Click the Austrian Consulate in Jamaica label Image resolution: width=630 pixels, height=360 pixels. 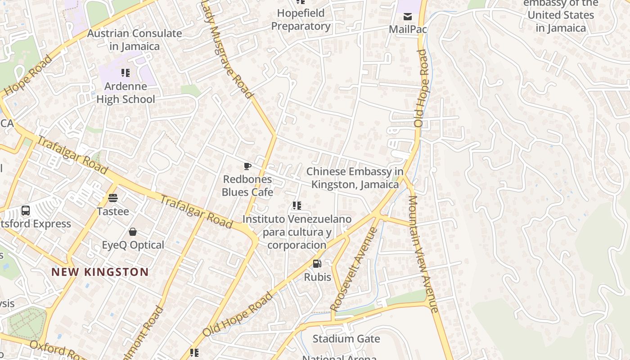134,40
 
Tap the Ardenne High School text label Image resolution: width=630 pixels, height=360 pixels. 126,93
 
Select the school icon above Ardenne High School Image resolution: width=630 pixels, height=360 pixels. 126,72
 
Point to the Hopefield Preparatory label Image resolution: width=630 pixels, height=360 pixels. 301,20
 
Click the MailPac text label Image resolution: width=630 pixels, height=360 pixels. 408,29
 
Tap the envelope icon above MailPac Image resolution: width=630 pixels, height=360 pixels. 408,17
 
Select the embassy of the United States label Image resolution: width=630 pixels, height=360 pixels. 561,15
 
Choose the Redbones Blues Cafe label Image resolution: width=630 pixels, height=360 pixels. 247,185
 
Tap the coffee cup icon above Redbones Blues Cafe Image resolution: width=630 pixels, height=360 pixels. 247,166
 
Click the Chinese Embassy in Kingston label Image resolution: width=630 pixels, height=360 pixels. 355,178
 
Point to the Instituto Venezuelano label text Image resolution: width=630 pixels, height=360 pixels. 297,232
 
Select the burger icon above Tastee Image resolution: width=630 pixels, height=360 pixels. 112,198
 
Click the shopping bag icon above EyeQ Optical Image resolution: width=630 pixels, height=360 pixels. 133,232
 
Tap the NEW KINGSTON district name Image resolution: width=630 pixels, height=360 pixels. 100,272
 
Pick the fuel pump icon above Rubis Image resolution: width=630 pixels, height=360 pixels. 317,264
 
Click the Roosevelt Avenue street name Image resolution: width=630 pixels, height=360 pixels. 354,269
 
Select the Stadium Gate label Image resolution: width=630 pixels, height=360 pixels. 346,339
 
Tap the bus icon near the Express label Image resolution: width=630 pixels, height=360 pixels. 26,210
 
